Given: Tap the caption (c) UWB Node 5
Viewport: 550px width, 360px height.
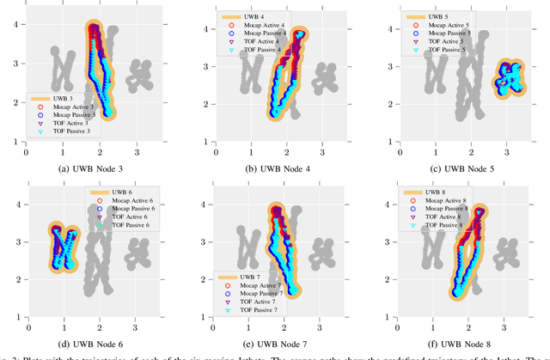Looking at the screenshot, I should (458, 168).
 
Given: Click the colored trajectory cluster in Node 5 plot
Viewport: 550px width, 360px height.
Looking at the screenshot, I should (508, 80).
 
